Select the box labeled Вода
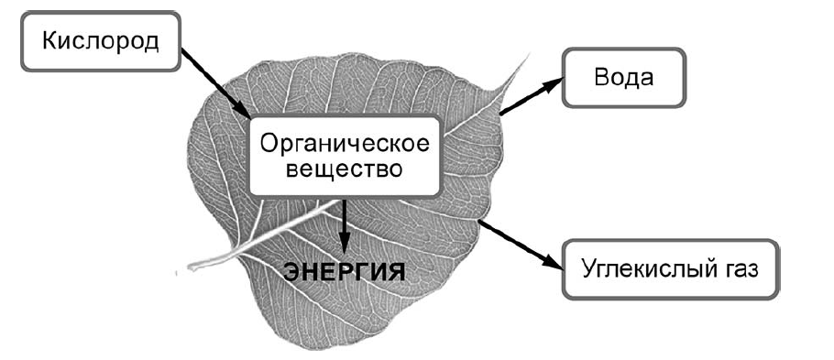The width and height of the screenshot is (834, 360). pyautogui.click(x=623, y=77)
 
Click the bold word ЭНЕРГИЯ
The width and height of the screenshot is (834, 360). pyautogui.click(x=344, y=272)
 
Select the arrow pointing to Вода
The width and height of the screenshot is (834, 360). pyautogui.click(x=530, y=97)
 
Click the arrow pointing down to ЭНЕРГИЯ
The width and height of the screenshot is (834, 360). pyautogui.click(x=345, y=224)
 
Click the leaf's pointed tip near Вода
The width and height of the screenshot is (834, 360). pyautogui.click(x=528, y=57)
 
